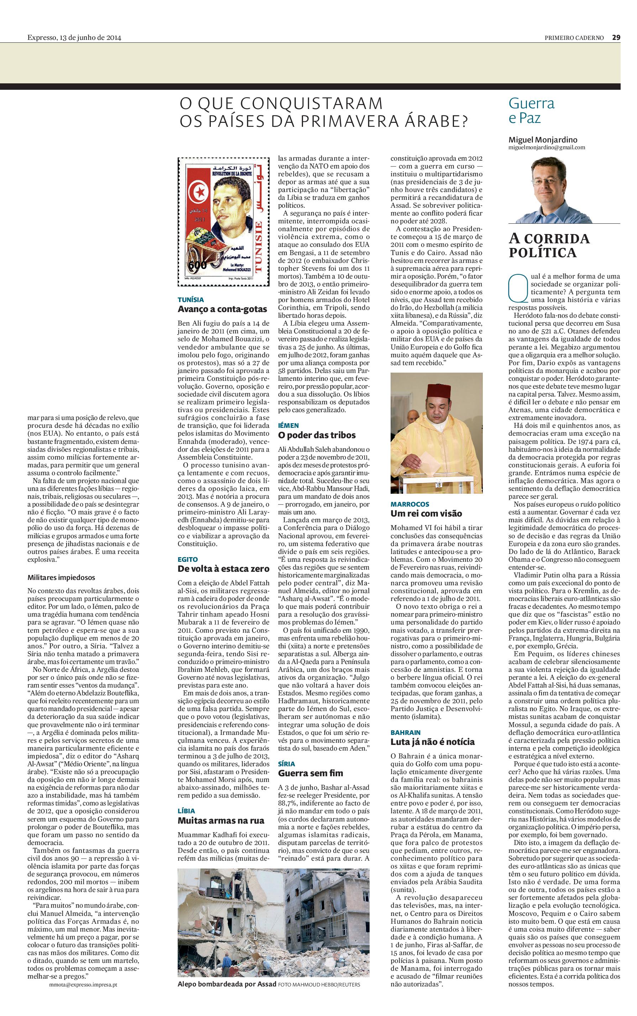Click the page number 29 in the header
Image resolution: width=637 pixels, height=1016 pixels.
616,37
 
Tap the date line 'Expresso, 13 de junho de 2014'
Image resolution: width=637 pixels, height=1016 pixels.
74,37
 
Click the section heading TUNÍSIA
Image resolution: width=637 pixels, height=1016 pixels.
190,300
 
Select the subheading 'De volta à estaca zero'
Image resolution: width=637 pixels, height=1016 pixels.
223,569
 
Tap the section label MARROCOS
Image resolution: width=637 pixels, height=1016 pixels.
409,504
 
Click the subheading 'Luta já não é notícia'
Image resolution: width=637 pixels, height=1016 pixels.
432,742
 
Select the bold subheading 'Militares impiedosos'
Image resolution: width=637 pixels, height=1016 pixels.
61,577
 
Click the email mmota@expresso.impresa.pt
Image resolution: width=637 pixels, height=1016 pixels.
83,986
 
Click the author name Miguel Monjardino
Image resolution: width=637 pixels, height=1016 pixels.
543,140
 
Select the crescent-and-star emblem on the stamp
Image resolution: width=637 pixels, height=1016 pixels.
198,193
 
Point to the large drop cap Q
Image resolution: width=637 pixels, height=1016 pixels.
518,288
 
